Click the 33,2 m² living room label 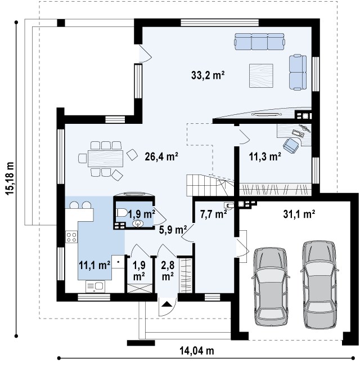pyautogui.click(x=208, y=75)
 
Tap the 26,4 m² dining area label pyautogui.click(x=161, y=156)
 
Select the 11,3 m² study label pyautogui.click(x=265, y=156)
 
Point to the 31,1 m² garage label pyautogui.click(x=299, y=214)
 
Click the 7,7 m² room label pyautogui.click(x=214, y=214)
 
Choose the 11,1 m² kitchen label pyautogui.click(x=94, y=266)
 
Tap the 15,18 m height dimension pyautogui.click(x=10, y=178)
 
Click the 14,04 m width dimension pyautogui.click(x=197, y=351)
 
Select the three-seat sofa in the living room pyautogui.click(x=260, y=42)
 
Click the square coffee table pyautogui.click(x=261, y=75)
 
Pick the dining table pyautogui.click(x=105, y=159)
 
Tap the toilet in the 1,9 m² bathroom pyautogui.click(x=121, y=213)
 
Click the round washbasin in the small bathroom pyautogui.click(x=138, y=223)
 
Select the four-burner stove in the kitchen pyautogui.click(x=71, y=236)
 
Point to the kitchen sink pyautogui.click(x=95, y=287)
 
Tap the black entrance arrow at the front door pyautogui.click(x=166, y=304)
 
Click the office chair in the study pyautogui.click(x=291, y=145)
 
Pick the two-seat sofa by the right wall pyautogui.click(x=298, y=72)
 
